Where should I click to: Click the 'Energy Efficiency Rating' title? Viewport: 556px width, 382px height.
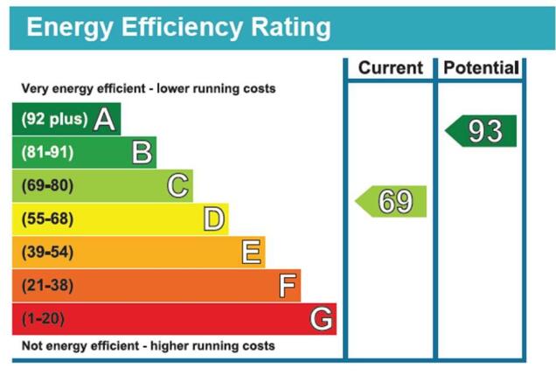[178, 28]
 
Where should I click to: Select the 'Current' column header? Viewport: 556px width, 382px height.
[391, 67]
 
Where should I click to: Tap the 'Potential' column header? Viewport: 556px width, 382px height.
[481, 67]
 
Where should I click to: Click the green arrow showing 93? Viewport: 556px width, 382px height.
[481, 131]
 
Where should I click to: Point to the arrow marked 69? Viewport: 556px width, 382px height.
[391, 201]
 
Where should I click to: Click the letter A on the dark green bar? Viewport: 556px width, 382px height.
[105, 120]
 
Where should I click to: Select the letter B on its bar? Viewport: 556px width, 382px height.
[142, 152]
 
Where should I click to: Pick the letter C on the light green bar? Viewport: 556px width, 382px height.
[177, 185]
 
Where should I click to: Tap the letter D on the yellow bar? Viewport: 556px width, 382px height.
[214, 219]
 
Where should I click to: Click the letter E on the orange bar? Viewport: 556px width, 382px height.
[252, 252]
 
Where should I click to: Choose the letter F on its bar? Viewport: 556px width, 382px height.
[288, 286]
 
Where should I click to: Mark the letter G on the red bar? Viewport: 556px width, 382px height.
[321, 318]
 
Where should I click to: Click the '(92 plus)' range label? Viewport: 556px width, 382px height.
[54, 119]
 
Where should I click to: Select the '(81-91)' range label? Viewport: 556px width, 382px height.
[47, 152]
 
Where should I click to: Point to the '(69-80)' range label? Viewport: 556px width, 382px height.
[47, 185]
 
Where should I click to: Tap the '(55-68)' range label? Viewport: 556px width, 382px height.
[47, 219]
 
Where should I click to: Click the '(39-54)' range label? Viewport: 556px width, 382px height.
[47, 252]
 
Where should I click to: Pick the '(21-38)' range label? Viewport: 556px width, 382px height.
[47, 286]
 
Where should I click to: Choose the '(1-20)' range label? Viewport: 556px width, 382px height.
[43, 319]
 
